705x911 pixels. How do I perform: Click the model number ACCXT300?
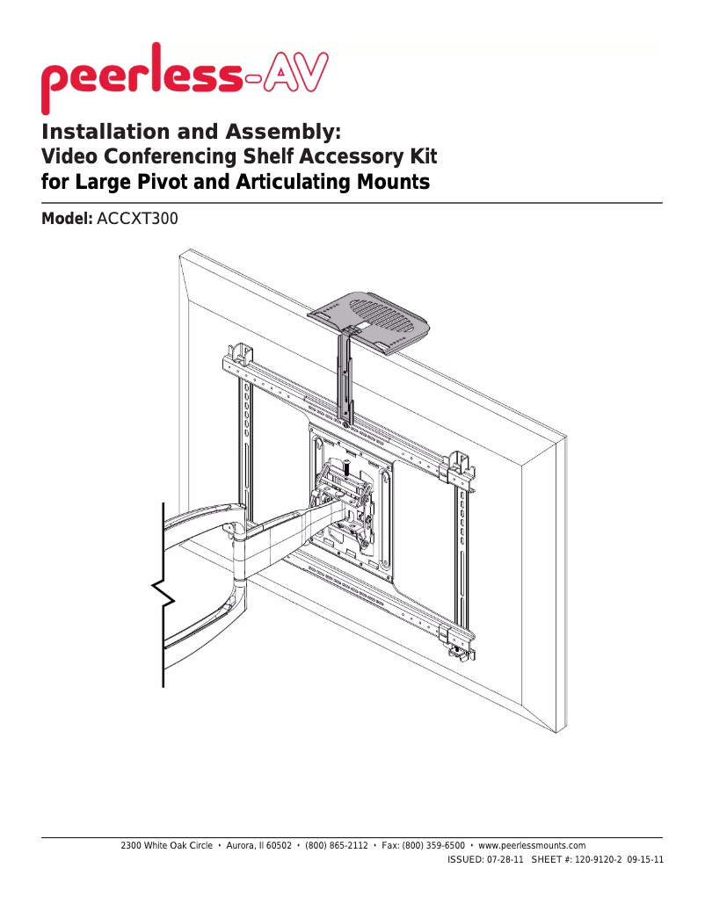click(x=138, y=219)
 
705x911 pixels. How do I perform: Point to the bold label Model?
click(x=68, y=219)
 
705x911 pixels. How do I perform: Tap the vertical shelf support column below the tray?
click(x=347, y=373)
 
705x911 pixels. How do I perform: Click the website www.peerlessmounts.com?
click(x=532, y=845)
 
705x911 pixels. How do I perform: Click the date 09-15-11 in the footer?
click(x=644, y=860)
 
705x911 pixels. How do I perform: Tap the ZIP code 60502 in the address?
click(x=278, y=845)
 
